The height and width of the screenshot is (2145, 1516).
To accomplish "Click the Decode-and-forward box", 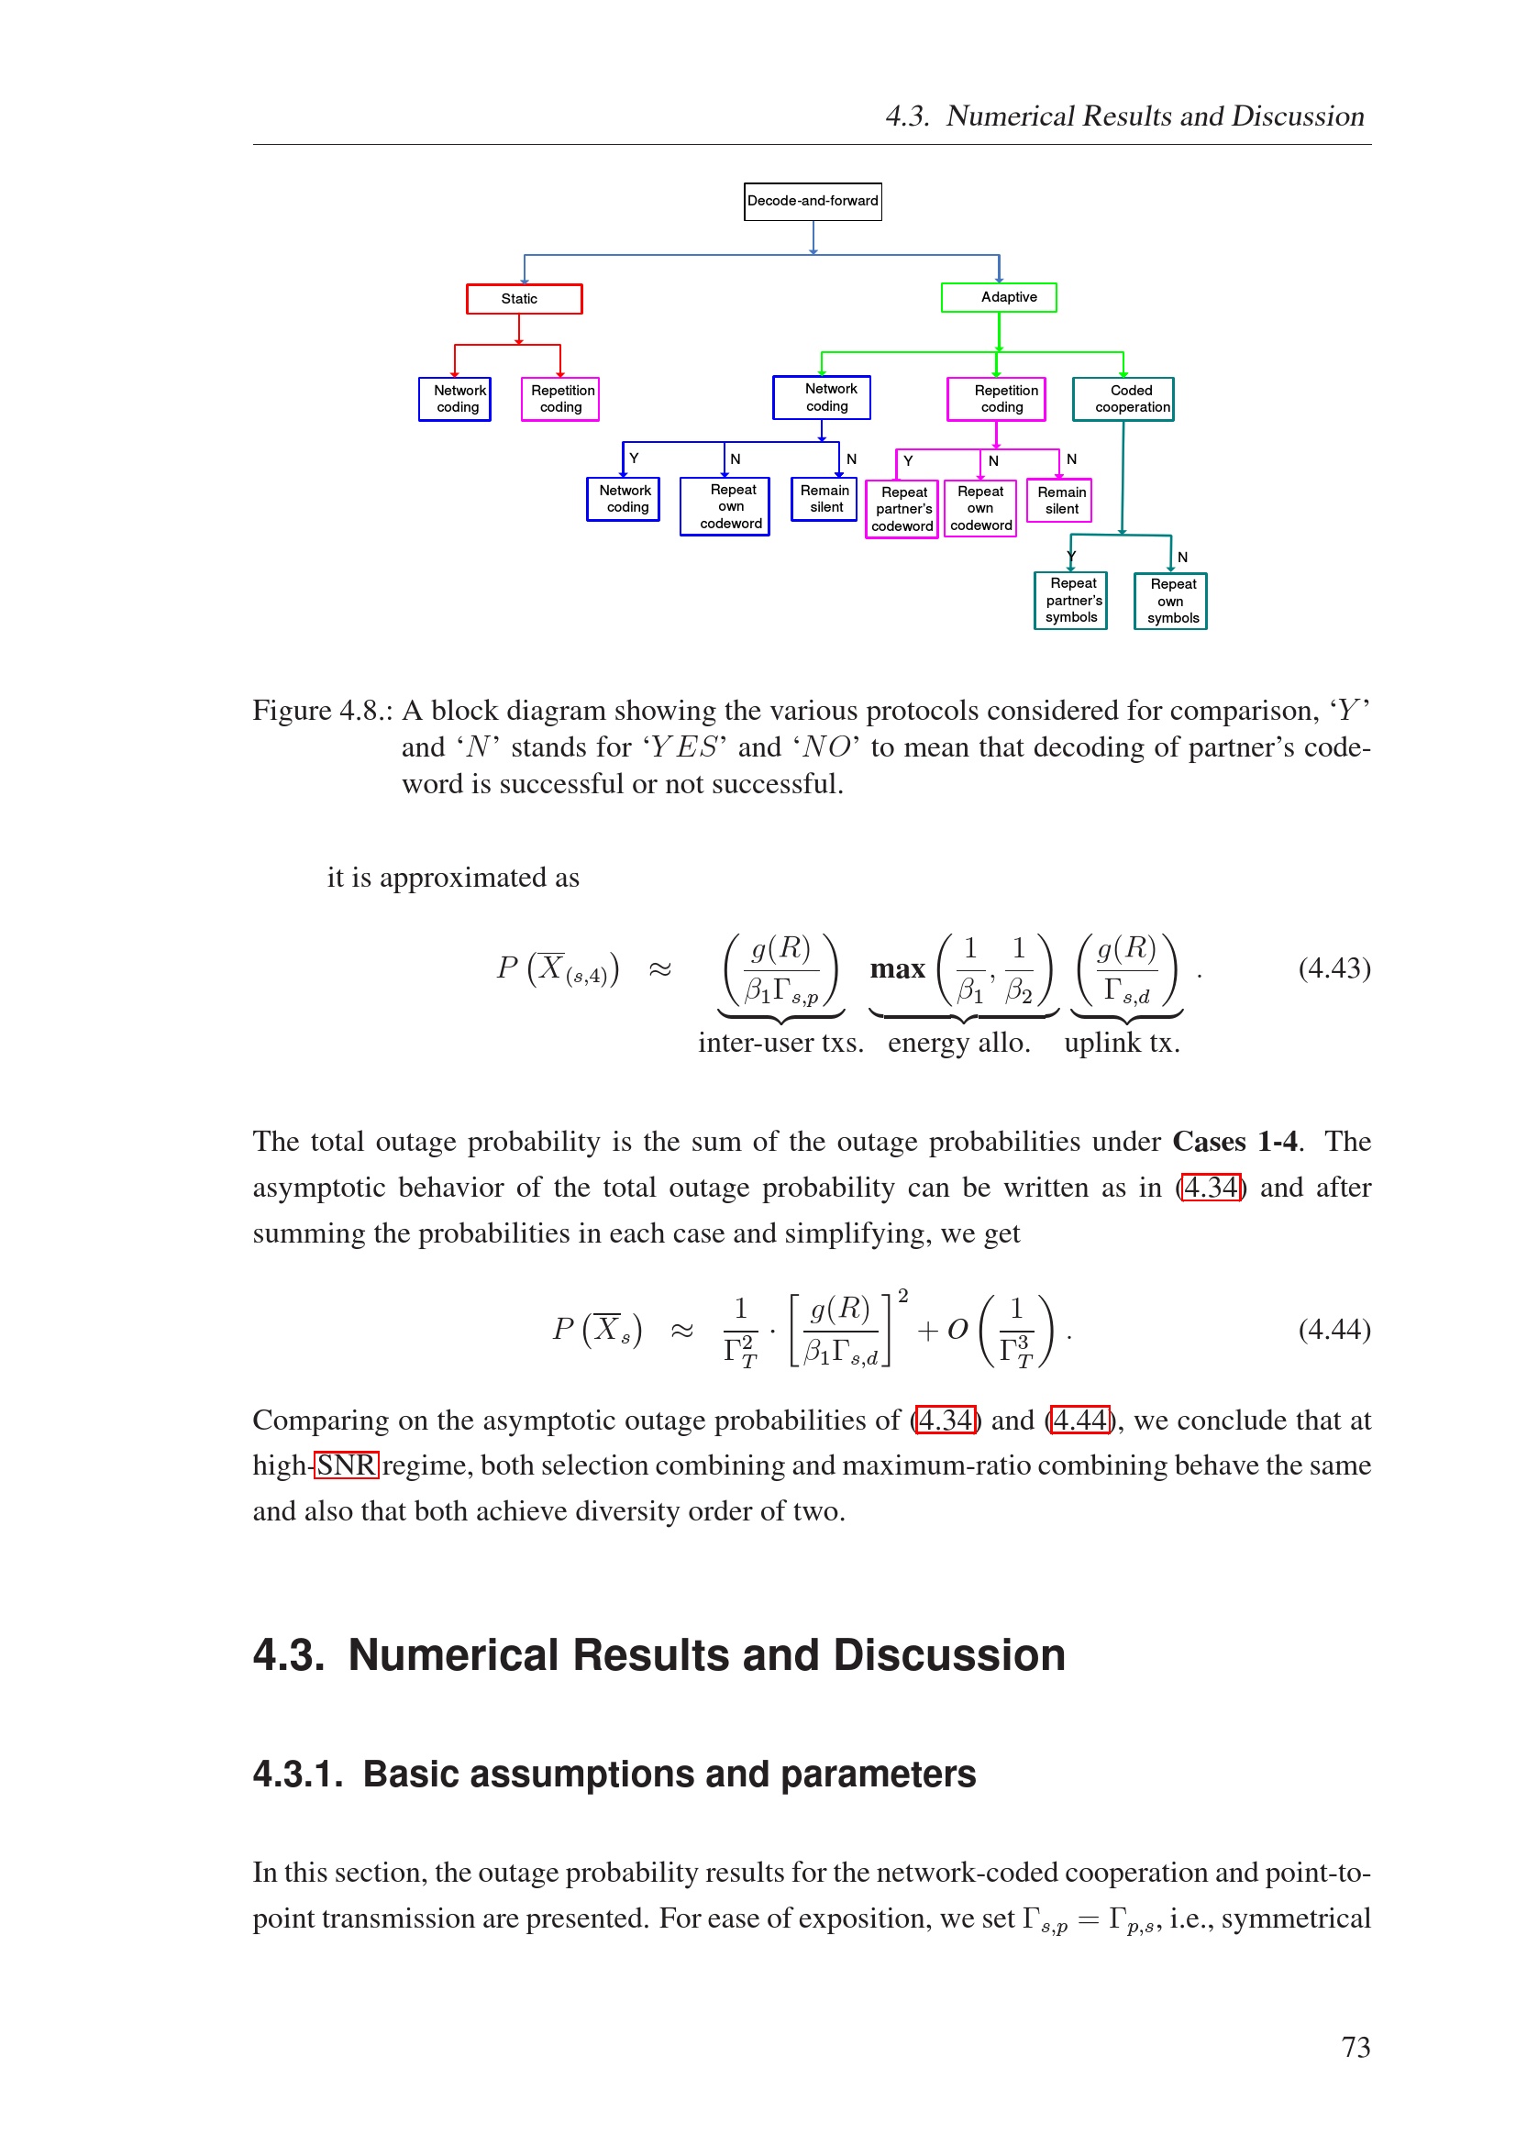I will tap(812, 201).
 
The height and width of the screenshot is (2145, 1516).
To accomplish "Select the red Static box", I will tap(524, 299).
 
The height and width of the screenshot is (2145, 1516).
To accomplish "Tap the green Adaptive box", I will tap(999, 297).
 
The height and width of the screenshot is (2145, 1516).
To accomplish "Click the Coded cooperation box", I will tap(1123, 399).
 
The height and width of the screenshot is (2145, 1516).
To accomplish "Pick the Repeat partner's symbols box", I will tap(1070, 600).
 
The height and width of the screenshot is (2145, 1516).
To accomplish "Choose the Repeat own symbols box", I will tap(1170, 601).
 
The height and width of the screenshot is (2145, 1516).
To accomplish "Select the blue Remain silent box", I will tap(824, 499).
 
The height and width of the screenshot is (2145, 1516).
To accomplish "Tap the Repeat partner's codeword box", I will tap(902, 509).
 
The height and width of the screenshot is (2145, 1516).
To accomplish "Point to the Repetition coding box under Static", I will tap(560, 399).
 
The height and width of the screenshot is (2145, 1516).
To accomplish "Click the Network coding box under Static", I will tap(455, 399).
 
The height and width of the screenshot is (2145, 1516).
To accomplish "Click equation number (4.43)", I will tap(1333, 967).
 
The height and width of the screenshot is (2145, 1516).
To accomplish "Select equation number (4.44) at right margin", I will tap(1333, 1330).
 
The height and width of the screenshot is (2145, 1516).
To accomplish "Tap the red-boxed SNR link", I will tap(346, 1465).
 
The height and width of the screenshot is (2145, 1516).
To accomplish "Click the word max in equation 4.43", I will tap(897, 969).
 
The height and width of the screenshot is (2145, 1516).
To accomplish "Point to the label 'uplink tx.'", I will tap(1122, 1043).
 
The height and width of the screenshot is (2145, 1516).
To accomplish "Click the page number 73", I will tap(1356, 2047).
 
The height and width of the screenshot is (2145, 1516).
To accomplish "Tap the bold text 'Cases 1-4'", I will tap(1234, 1142).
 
